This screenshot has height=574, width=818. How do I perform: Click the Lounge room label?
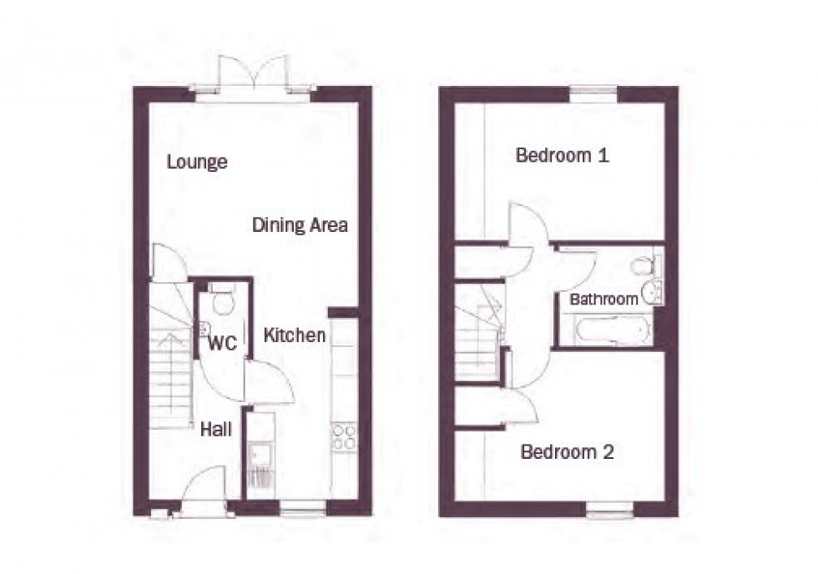pyautogui.click(x=197, y=162)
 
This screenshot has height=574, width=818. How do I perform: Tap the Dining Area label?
pyautogui.click(x=300, y=225)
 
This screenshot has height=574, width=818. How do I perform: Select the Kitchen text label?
pyautogui.click(x=295, y=336)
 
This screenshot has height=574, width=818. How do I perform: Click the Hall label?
pyautogui.click(x=215, y=430)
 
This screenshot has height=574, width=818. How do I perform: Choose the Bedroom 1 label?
pyautogui.click(x=562, y=155)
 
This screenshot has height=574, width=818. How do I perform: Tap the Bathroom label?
pyautogui.click(x=604, y=299)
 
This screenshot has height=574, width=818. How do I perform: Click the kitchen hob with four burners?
pyautogui.click(x=344, y=437)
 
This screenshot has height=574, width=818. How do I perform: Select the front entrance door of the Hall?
pyautogui.click(x=204, y=489)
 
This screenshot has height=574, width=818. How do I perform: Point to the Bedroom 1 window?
pyautogui.click(x=593, y=94)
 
